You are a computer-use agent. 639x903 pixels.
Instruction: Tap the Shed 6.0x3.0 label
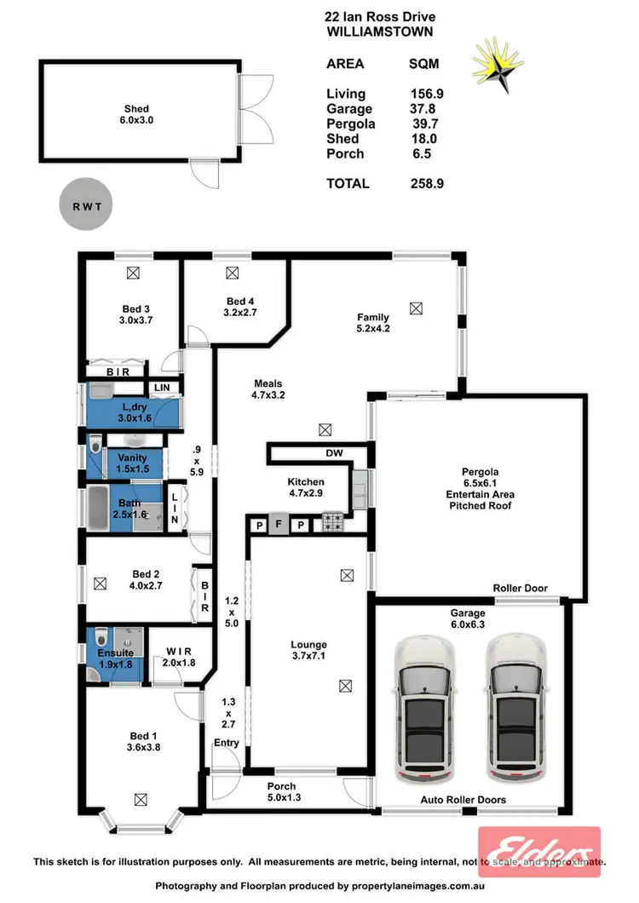pyautogui.click(x=136, y=114)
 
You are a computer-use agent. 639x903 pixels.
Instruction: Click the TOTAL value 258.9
pyautogui.click(x=427, y=183)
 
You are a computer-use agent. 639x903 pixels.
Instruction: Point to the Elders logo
pyautogui.click(x=539, y=851)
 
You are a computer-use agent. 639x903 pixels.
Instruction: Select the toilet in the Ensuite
pyautogui.click(x=101, y=638)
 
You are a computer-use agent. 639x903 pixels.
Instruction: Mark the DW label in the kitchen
pyautogui.click(x=335, y=454)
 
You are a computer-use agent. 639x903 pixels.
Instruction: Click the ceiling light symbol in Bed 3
pyautogui.click(x=133, y=274)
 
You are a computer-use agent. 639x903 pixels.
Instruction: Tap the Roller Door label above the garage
pyautogui.click(x=520, y=588)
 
